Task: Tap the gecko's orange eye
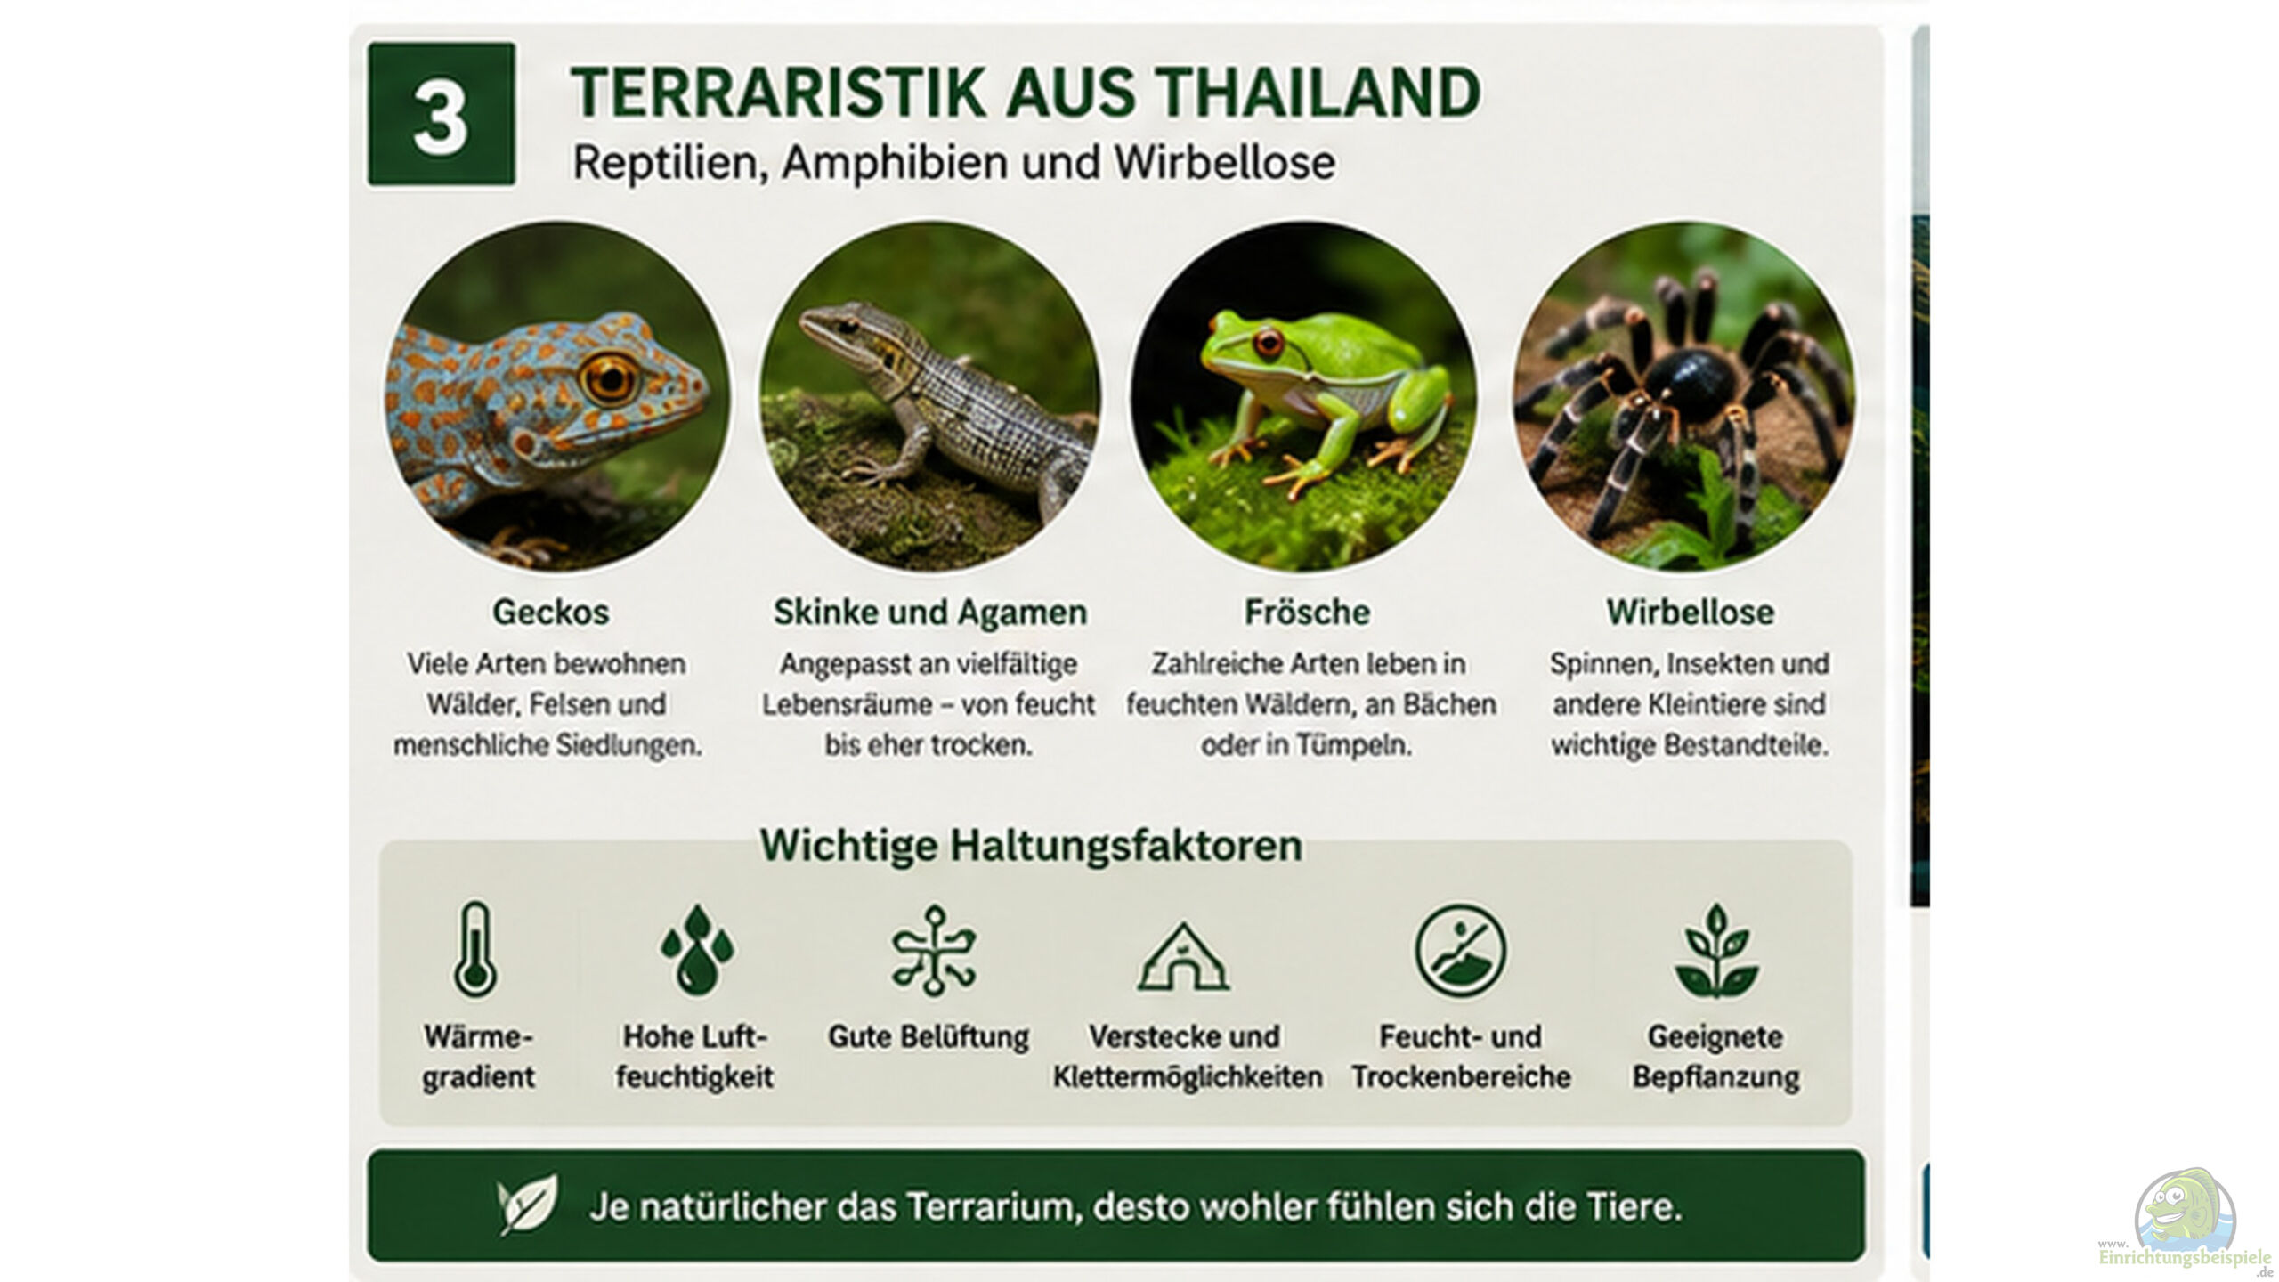click(610, 377)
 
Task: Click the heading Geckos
click(551, 612)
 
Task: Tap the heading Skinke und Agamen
click(930, 612)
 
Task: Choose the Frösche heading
click(1307, 612)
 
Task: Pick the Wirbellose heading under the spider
click(1690, 612)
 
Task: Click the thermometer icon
click(475, 949)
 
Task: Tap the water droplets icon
click(697, 949)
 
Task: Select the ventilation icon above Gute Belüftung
click(934, 949)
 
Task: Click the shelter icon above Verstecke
click(1183, 958)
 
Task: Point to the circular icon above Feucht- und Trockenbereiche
click(1461, 950)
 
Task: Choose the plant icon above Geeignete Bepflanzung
click(1716, 951)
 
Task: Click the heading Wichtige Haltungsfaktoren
click(1031, 845)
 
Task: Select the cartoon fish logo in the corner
click(2185, 1211)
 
